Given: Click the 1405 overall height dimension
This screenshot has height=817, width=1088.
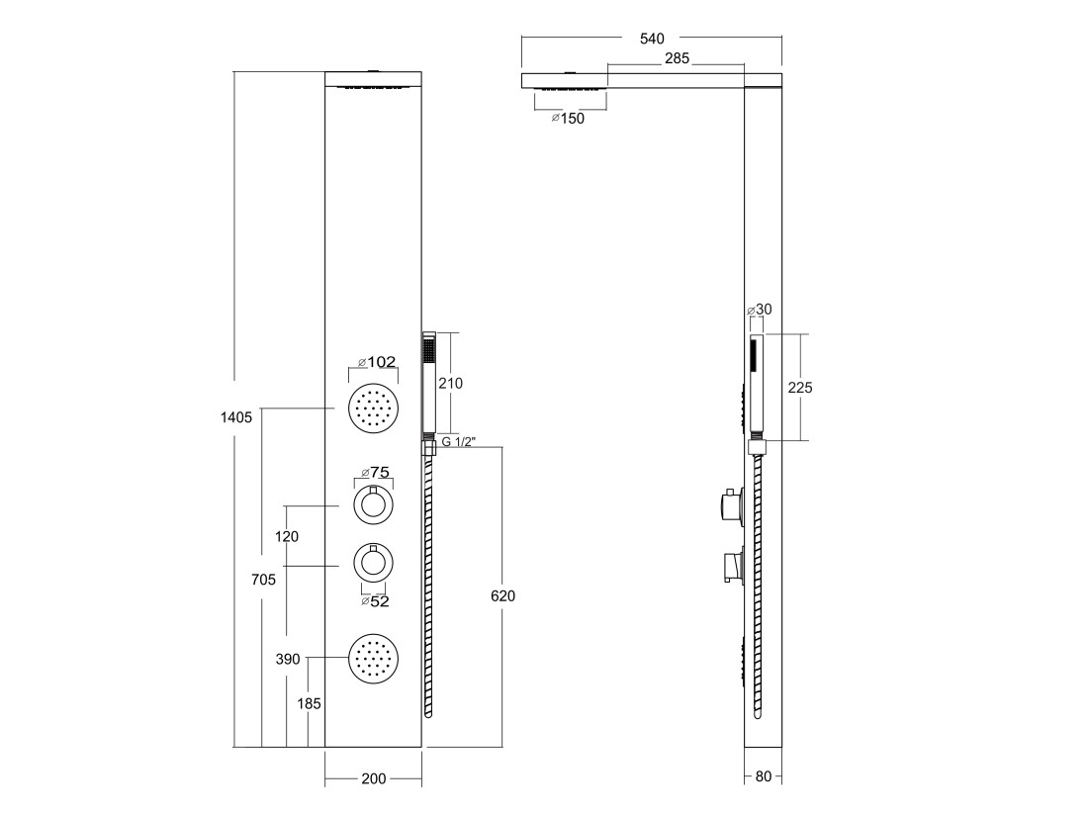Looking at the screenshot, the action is point(236,417).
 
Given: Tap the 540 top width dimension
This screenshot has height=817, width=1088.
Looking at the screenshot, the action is point(652,39).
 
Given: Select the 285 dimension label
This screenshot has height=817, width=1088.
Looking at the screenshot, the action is point(677,58).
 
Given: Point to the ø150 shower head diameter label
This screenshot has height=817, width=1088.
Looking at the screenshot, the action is point(568,118).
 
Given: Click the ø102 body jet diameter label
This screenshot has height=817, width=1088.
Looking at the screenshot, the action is point(376,362).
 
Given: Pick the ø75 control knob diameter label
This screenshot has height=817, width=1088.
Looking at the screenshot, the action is point(375,473).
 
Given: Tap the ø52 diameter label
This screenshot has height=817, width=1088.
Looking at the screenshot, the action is point(375,601).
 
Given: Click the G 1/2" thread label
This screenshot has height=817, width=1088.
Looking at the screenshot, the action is point(458,442).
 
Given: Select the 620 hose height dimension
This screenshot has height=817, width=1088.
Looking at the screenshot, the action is point(502,595).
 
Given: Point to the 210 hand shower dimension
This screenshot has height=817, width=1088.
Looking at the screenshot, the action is point(450,383).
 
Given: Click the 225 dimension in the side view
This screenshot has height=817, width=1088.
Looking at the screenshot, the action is point(799,388).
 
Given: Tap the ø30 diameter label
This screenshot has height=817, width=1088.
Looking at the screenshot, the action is point(759,310).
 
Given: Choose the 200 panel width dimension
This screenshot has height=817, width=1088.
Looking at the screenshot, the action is point(373,778).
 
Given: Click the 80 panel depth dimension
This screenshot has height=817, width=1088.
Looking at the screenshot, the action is point(763,776).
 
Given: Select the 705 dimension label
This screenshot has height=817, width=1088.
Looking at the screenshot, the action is point(264,580).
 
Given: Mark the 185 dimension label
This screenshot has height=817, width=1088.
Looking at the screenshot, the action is point(309,704).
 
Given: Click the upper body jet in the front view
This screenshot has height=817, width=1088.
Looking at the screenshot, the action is point(374,408).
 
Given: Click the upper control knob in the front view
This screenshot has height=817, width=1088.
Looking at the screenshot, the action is point(374,506).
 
